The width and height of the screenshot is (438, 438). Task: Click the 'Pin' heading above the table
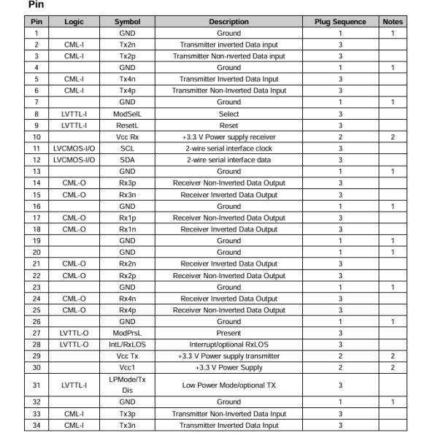click(34, 5)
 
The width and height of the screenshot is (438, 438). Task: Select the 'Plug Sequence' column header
click(340, 22)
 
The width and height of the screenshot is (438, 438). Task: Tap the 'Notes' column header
click(392, 22)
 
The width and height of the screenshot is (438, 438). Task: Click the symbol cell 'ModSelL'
click(127, 114)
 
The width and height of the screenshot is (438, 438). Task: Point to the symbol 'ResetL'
click(127, 126)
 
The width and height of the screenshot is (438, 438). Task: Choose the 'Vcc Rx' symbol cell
click(127, 137)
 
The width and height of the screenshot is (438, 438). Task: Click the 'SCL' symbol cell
click(127, 148)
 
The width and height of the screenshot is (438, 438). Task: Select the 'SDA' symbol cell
click(127, 160)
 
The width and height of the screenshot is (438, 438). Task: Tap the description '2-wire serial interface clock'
click(228, 148)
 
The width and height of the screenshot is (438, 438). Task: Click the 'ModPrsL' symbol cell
click(127, 333)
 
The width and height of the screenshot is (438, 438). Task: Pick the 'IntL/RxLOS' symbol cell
click(127, 345)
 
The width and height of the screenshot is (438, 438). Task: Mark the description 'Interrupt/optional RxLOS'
click(228, 345)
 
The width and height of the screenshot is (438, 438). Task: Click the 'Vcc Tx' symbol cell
click(127, 356)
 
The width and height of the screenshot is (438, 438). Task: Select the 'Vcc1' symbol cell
click(127, 367)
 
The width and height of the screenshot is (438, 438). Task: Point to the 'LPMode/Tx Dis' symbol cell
click(127, 385)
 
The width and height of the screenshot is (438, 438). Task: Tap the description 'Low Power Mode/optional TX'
click(228, 385)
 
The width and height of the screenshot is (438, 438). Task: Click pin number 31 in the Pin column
click(36, 385)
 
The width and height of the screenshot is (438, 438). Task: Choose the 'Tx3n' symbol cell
click(127, 425)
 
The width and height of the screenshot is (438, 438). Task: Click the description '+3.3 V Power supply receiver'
click(228, 137)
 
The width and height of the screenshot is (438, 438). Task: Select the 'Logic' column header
click(74, 22)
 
